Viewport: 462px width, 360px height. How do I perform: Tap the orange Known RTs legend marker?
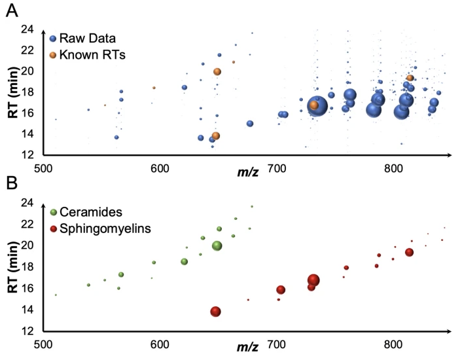point(53,55)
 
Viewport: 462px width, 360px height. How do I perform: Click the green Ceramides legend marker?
point(53,211)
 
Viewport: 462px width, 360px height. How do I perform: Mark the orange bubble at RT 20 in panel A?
point(217,72)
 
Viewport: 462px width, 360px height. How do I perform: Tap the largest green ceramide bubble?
point(217,246)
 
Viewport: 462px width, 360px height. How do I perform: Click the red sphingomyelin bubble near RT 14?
point(215,312)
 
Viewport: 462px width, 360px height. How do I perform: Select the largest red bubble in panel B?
point(313,280)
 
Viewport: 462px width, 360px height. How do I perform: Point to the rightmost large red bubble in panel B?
point(409,253)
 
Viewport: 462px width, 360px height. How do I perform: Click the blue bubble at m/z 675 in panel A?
point(250,124)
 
